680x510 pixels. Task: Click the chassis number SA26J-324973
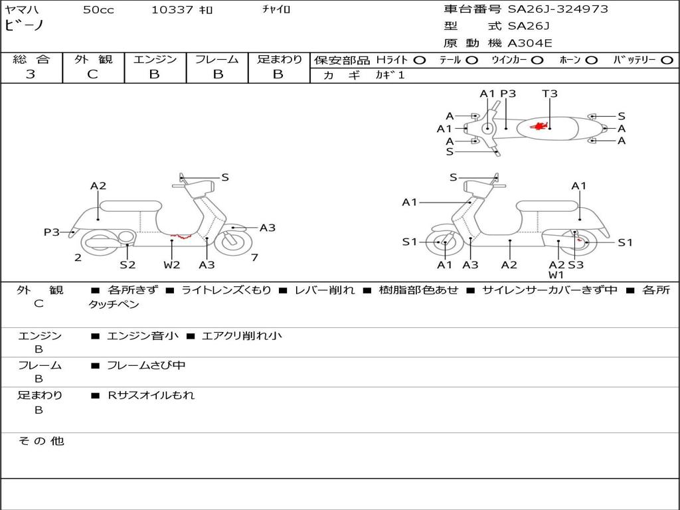558,9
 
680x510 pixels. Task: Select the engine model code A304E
529,43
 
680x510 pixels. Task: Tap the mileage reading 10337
171,10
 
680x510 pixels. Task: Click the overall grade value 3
31,74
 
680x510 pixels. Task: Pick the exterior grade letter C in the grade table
92,74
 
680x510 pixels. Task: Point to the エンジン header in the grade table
155,59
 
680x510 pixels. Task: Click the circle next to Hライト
419,60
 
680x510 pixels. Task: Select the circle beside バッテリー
667,60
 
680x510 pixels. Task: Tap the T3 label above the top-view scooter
549,93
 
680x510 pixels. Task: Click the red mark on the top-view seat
539,126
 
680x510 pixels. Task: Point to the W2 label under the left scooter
172,264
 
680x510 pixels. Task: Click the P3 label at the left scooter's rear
52,232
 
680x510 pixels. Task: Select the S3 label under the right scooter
576,264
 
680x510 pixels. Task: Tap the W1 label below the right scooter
556,275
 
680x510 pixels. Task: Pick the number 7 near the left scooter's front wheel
254,258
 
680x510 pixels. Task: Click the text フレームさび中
146,366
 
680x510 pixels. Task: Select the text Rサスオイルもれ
151,395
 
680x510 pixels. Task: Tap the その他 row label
41,441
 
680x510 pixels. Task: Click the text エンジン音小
143,335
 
